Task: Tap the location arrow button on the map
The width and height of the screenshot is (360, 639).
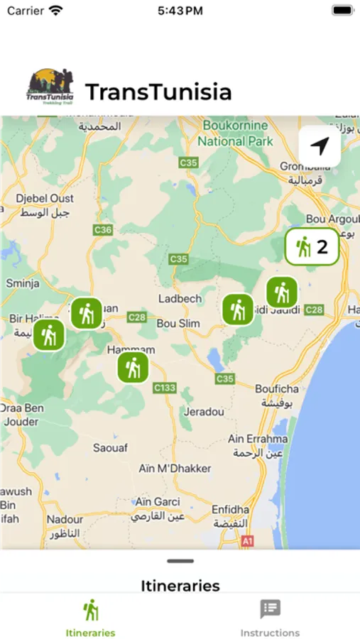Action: tap(320, 146)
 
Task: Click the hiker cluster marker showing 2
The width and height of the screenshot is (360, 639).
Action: tap(312, 247)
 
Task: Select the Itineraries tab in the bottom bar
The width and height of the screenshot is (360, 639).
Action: tap(90, 617)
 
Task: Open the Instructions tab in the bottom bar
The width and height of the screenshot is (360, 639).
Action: tap(270, 617)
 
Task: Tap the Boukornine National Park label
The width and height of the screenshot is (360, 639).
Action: tap(235, 133)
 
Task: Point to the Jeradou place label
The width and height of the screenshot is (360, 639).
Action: tap(204, 412)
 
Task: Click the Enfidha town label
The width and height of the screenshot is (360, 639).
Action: tap(230, 510)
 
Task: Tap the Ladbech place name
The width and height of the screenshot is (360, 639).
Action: tap(180, 299)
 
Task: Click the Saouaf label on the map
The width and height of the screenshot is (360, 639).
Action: tap(110, 447)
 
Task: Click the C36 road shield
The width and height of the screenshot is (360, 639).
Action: tap(103, 230)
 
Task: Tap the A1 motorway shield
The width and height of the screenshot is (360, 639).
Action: tap(247, 541)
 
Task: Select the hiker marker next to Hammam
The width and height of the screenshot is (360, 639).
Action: tap(133, 367)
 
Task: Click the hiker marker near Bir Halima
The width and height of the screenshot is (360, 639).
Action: tap(49, 335)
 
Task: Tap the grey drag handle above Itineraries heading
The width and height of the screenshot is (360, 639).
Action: tap(180, 561)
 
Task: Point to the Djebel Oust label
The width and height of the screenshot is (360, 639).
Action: tap(26, 206)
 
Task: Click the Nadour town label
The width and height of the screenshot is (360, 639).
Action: tap(65, 520)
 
